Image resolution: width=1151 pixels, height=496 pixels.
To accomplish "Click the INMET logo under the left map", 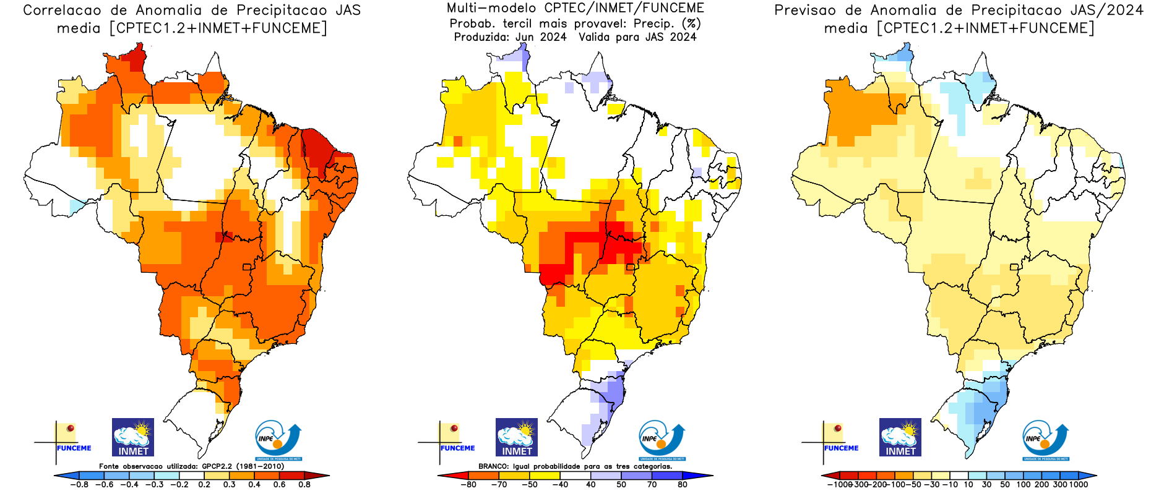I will pyautogui.click(x=133, y=437).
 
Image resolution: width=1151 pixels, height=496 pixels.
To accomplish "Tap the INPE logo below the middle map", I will pyautogui.click(x=662, y=440).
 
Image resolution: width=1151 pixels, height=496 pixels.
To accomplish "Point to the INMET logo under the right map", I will pyautogui.click(x=900, y=437).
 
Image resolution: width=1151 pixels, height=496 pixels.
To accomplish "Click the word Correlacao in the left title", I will pyautogui.click(x=62, y=11).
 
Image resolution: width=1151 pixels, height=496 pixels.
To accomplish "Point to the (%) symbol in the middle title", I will pyautogui.click(x=691, y=24).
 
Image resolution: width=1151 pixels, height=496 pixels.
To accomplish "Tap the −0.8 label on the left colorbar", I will pyautogui.click(x=79, y=485).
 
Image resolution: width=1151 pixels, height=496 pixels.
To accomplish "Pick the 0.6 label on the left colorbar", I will pyautogui.click(x=280, y=485).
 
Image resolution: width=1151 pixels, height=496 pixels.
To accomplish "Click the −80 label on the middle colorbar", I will pyautogui.click(x=468, y=485).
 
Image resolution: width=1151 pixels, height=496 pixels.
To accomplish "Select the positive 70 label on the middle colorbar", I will pyautogui.click(x=652, y=485).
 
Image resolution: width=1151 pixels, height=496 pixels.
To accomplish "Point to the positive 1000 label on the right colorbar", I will pyautogui.click(x=1079, y=485).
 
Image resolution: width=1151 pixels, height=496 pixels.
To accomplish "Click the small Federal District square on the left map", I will pyautogui.click(x=247, y=267).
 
